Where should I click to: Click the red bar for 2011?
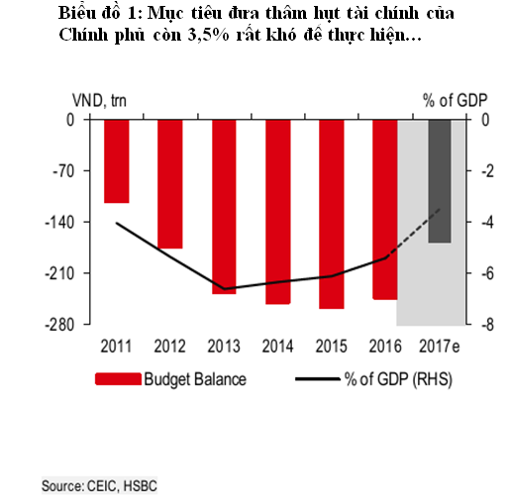point(117,160)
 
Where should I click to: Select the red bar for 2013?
point(224,206)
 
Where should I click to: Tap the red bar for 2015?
point(331,214)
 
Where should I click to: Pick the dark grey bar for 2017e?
point(440,180)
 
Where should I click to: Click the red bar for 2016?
point(384,209)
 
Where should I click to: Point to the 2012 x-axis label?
point(170,346)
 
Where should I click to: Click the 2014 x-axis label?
point(277,346)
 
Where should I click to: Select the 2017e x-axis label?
point(440,346)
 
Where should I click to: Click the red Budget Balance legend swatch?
point(117,379)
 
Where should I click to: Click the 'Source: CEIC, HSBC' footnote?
point(99,486)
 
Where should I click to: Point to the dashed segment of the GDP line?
point(414,233)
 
